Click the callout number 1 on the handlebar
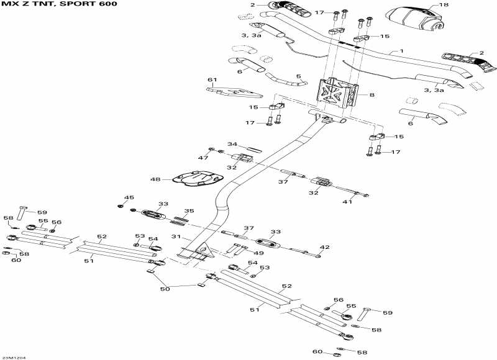[401, 51]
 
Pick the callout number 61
[212, 79]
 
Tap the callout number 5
[298, 77]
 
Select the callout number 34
[232, 145]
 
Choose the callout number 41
[347, 202]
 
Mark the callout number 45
[129, 197]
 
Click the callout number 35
[189, 211]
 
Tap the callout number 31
[175, 236]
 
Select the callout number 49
[258, 253]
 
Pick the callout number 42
[324, 247]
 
